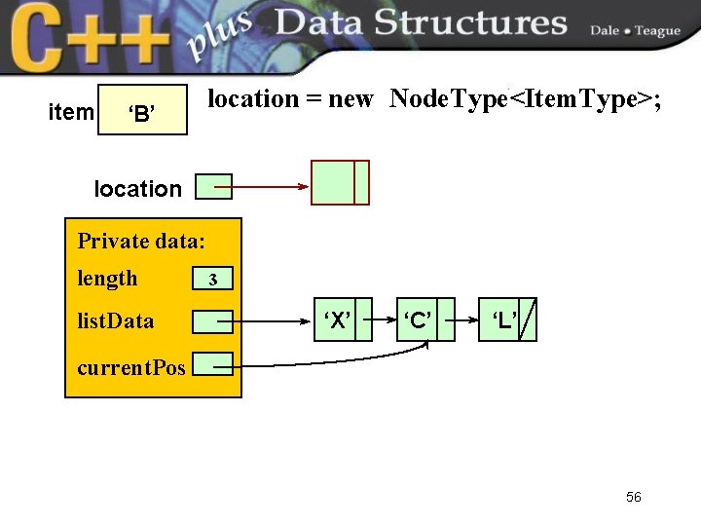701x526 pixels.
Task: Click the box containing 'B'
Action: click(142, 112)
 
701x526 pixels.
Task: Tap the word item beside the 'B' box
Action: click(71, 113)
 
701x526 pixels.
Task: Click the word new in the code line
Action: click(350, 99)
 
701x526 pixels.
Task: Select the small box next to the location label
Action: click(213, 186)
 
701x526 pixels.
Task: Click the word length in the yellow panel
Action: click(107, 279)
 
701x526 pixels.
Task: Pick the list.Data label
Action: click(115, 320)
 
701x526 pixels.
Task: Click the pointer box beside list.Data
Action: click(212, 320)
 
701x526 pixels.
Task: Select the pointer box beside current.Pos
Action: click(212, 364)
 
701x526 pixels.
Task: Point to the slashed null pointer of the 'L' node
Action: click(527, 320)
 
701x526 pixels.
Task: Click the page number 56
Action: click(633, 497)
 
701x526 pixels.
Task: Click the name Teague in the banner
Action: click(657, 31)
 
